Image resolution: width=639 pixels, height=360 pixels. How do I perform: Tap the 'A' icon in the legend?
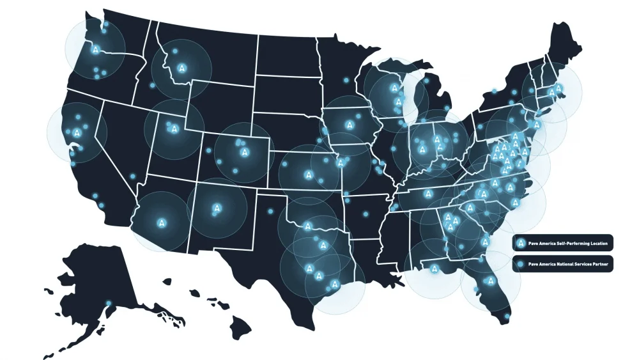(x=521, y=243)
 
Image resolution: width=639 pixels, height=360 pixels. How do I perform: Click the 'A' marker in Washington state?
(x=95, y=49)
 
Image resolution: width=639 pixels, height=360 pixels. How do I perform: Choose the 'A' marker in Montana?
(x=183, y=67)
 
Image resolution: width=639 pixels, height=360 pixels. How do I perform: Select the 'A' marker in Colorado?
(x=244, y=152)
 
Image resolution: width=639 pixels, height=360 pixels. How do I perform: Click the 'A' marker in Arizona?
(x=160, y=223)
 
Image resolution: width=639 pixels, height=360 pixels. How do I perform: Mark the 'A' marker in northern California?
(x=77, y=132)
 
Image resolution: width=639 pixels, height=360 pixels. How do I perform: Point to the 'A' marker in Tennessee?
(x=427, y=193)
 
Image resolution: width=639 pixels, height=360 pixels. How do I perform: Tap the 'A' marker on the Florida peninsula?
(x=491, y=280)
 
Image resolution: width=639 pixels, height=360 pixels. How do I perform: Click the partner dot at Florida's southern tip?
(x=507, y=316)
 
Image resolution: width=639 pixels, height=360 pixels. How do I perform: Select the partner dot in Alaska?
(x=109, y=302)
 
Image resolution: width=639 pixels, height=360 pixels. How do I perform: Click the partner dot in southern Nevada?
(x=133, y=176)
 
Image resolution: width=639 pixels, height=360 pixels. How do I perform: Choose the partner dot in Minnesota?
(x=346, y=81)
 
